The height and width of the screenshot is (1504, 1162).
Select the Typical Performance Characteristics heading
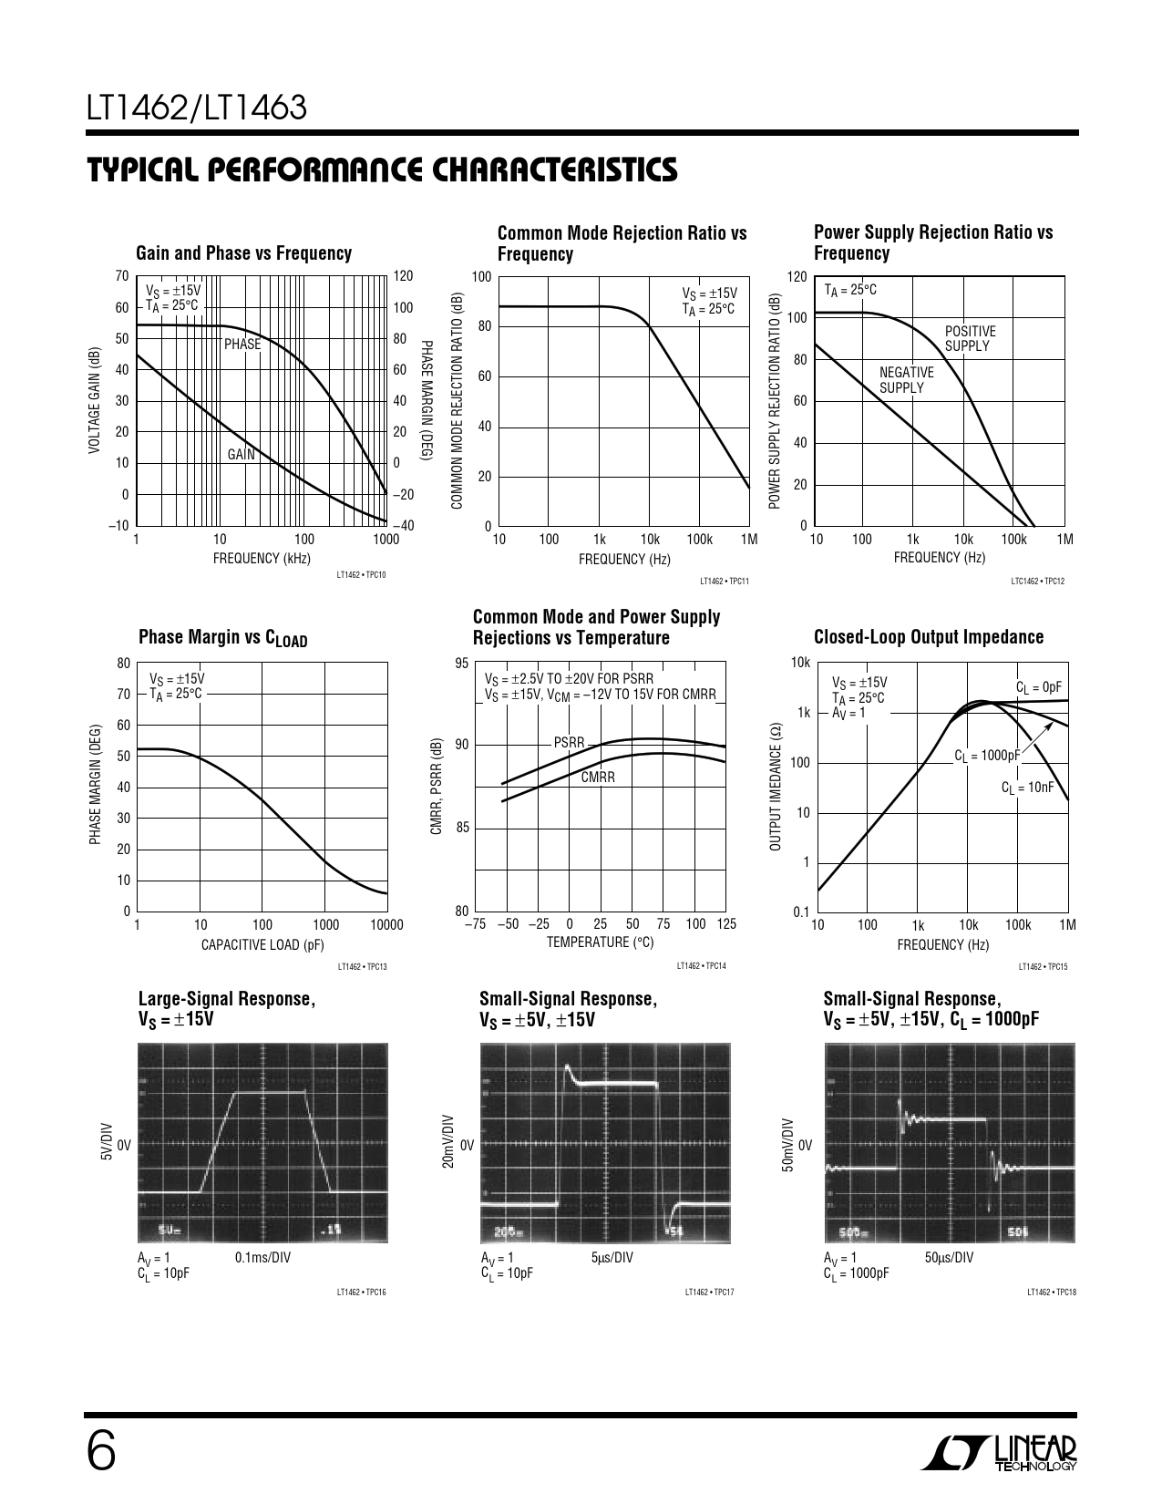(x=382, y=170)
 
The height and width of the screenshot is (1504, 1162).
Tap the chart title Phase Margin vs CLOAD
(x=222, y=638)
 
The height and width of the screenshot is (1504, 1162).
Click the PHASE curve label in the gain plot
(x=242, y=345)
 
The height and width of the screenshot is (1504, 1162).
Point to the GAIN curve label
(x=242, y=454)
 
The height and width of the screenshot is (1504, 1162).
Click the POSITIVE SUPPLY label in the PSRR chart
(x=970, y=338)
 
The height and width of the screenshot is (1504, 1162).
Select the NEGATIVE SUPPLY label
(x=906, y=380)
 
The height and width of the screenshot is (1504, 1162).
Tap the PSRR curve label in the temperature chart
(x=569, y=743)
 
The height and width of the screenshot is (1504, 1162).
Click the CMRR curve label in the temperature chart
(x=598, y=778)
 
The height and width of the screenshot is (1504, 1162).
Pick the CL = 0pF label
(x=1039, y=686)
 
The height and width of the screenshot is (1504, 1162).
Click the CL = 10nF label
(x=1027, y=787)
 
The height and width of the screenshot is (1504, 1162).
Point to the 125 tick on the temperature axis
(x=725, y=924)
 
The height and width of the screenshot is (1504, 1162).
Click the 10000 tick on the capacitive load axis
(x=386, y=925)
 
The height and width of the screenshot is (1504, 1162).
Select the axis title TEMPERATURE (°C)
(x=600, y=943)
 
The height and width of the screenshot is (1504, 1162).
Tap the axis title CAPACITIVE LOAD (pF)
(x=262, y=944)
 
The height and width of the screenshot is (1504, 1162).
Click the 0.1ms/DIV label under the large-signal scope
(x=262, y=1258)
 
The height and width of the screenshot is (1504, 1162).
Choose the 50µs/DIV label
(x=949, y=1258)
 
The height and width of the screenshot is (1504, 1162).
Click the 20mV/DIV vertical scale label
(x=447, y=1142)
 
